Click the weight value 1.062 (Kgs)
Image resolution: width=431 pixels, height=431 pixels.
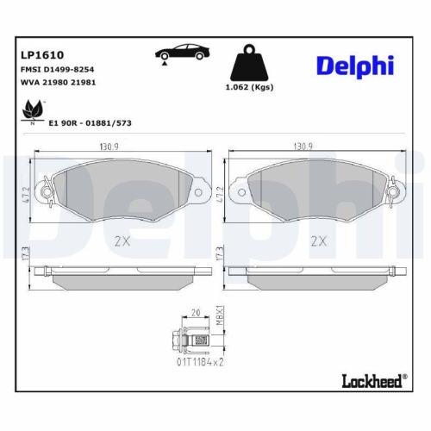pos(251,87)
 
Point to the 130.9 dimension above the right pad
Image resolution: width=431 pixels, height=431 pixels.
pos(304,147)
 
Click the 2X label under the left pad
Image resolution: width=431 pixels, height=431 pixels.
pos(122,240)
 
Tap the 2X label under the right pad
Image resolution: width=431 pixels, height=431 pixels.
pos(319,240)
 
